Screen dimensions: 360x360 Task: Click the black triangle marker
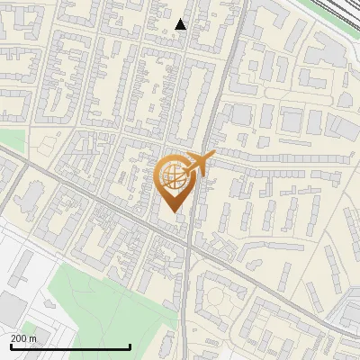(x=181, y=24)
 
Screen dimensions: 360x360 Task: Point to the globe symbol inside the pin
(x=173, y=175)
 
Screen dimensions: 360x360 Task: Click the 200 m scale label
(x=24, y=338)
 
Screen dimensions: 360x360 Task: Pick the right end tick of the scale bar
(x=130, y=346)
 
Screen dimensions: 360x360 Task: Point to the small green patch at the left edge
(x=9, y=139)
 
